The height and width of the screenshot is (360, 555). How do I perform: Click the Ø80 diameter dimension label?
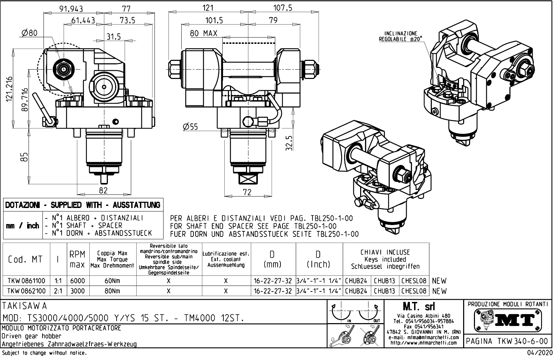29,33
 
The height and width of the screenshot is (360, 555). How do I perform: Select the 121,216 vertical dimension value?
9,89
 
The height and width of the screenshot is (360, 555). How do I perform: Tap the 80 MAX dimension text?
204,33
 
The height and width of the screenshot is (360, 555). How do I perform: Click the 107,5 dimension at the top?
283,8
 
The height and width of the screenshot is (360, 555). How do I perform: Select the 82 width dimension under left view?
103,190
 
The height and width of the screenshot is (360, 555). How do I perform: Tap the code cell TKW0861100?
26,281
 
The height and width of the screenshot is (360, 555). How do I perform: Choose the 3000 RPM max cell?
78,291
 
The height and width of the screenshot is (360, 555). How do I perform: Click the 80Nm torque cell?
112,291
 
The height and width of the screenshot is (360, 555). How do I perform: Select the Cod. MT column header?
25,259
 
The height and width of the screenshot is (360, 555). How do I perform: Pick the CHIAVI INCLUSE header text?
385,253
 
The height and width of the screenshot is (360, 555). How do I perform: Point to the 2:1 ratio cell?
58,291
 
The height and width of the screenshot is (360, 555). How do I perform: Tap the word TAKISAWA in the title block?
25,306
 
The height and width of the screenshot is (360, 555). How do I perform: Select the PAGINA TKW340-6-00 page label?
507,341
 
